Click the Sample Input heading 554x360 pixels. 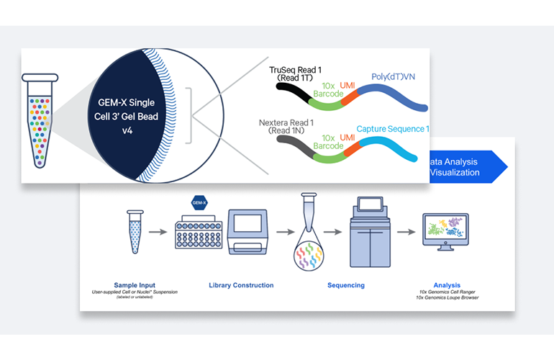(x=135, y=285)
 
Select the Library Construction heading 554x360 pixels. (x=242, y=285)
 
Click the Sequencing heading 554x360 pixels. (x=345, y=285)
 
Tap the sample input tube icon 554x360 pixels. (x=135, y=231)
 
